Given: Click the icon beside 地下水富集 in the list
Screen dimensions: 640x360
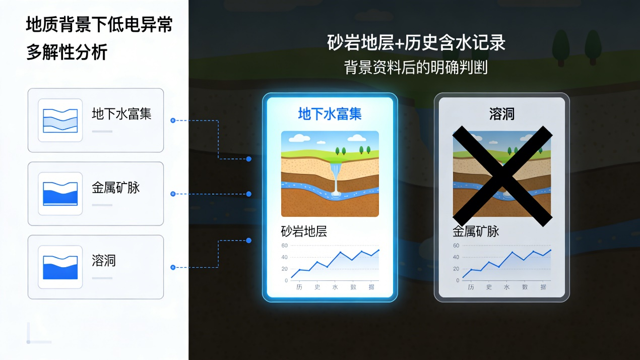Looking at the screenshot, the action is pos(60,121).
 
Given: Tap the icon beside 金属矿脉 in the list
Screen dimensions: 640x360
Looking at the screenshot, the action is pos(60,194).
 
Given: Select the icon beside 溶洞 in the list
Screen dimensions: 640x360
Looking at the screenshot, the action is pos(60,267).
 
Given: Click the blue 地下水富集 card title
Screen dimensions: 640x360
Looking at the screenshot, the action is pos(330,114).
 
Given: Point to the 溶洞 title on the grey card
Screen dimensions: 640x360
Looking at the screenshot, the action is pos(502,114).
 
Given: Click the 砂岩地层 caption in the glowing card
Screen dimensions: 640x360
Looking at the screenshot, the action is pos(304,231).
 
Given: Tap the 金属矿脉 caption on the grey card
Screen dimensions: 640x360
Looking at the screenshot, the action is pos(476,231).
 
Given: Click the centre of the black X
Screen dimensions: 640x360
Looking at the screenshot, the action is pos(502,176).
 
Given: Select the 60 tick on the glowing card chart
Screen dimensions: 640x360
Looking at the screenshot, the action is pos(284,246).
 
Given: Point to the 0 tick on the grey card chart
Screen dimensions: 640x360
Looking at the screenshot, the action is pos(458,280).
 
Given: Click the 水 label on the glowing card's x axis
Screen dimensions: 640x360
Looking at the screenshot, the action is pos(335,287).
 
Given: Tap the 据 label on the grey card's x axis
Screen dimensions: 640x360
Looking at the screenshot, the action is pos(543,287).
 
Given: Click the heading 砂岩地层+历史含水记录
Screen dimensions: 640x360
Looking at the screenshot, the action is pos(416,43).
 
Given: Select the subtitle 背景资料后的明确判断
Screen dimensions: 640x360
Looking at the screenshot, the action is pos(416,68).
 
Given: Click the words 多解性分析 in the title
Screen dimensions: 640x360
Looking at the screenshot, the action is pos(67,52).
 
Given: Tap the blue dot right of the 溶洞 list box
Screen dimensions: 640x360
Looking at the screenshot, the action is pos(173,267).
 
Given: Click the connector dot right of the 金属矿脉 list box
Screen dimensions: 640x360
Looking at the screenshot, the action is pos(173,194).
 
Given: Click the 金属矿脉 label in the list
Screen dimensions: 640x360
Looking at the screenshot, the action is pos(116,188).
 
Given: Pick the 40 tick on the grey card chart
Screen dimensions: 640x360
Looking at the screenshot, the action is pos(456,257).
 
